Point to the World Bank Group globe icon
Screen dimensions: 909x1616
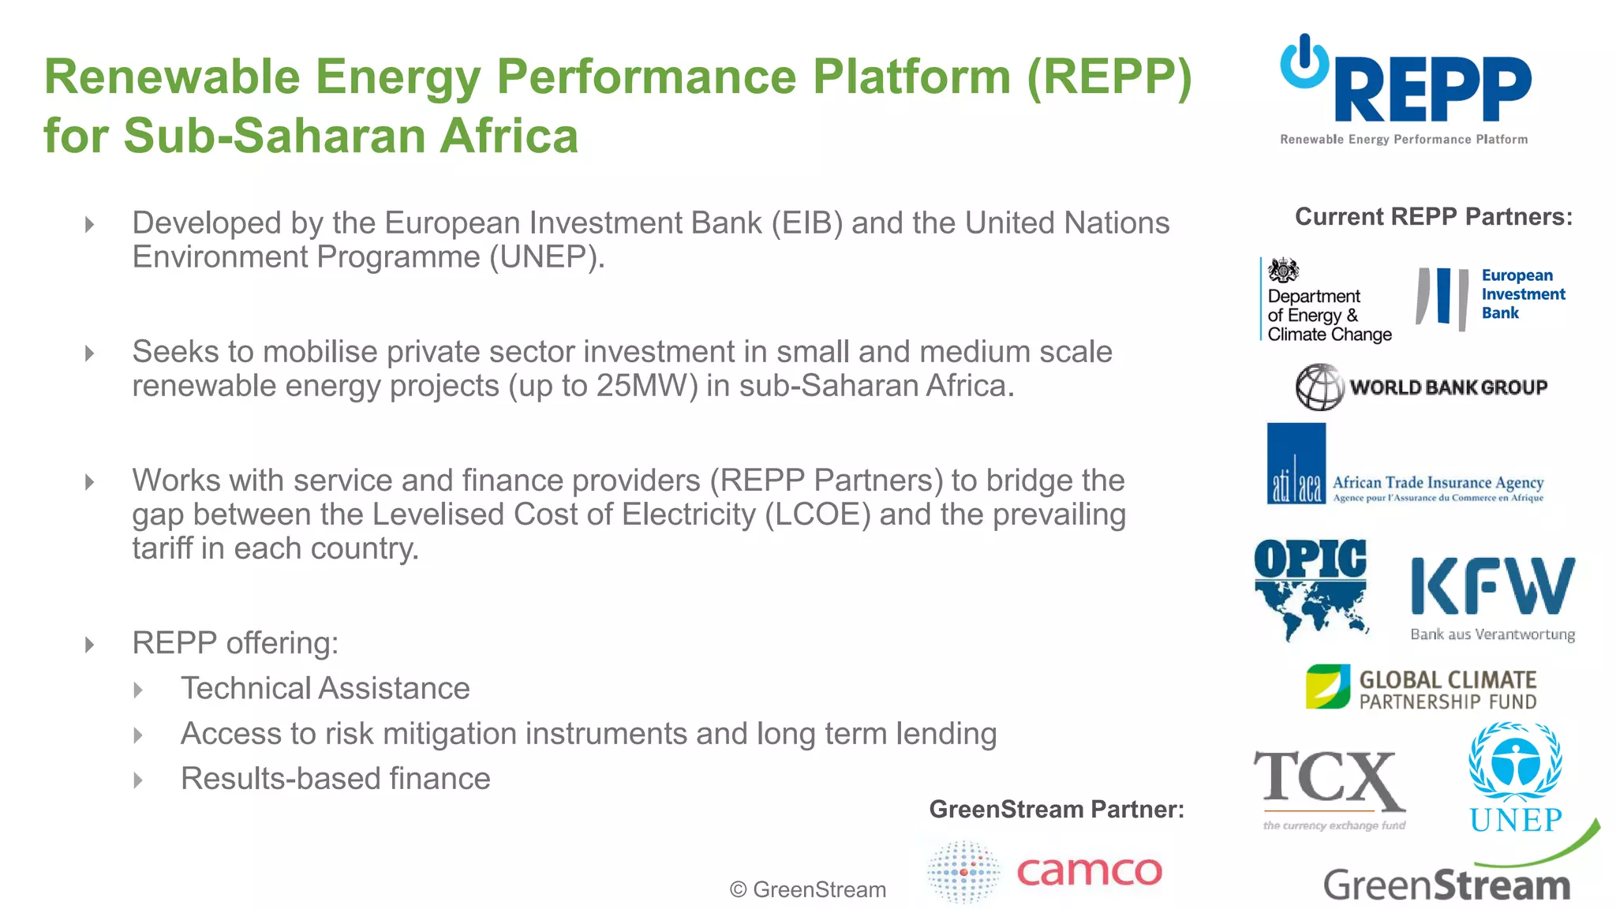(1319, 387)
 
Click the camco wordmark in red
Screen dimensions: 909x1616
(1089, 871)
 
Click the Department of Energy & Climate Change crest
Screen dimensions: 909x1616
(1283, 271)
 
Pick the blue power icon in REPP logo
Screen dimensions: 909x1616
(1304, 62)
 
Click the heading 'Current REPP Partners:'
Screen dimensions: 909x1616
(1433, 217)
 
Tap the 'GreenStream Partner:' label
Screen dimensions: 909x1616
(1056, 810)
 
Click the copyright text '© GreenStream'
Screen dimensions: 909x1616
(807, 890)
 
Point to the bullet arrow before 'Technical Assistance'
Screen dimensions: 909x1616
(138, 690)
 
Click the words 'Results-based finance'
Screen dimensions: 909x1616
(335, 779)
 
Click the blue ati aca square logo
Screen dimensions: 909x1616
(1296, 464)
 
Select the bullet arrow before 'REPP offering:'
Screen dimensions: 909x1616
(89, 645)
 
